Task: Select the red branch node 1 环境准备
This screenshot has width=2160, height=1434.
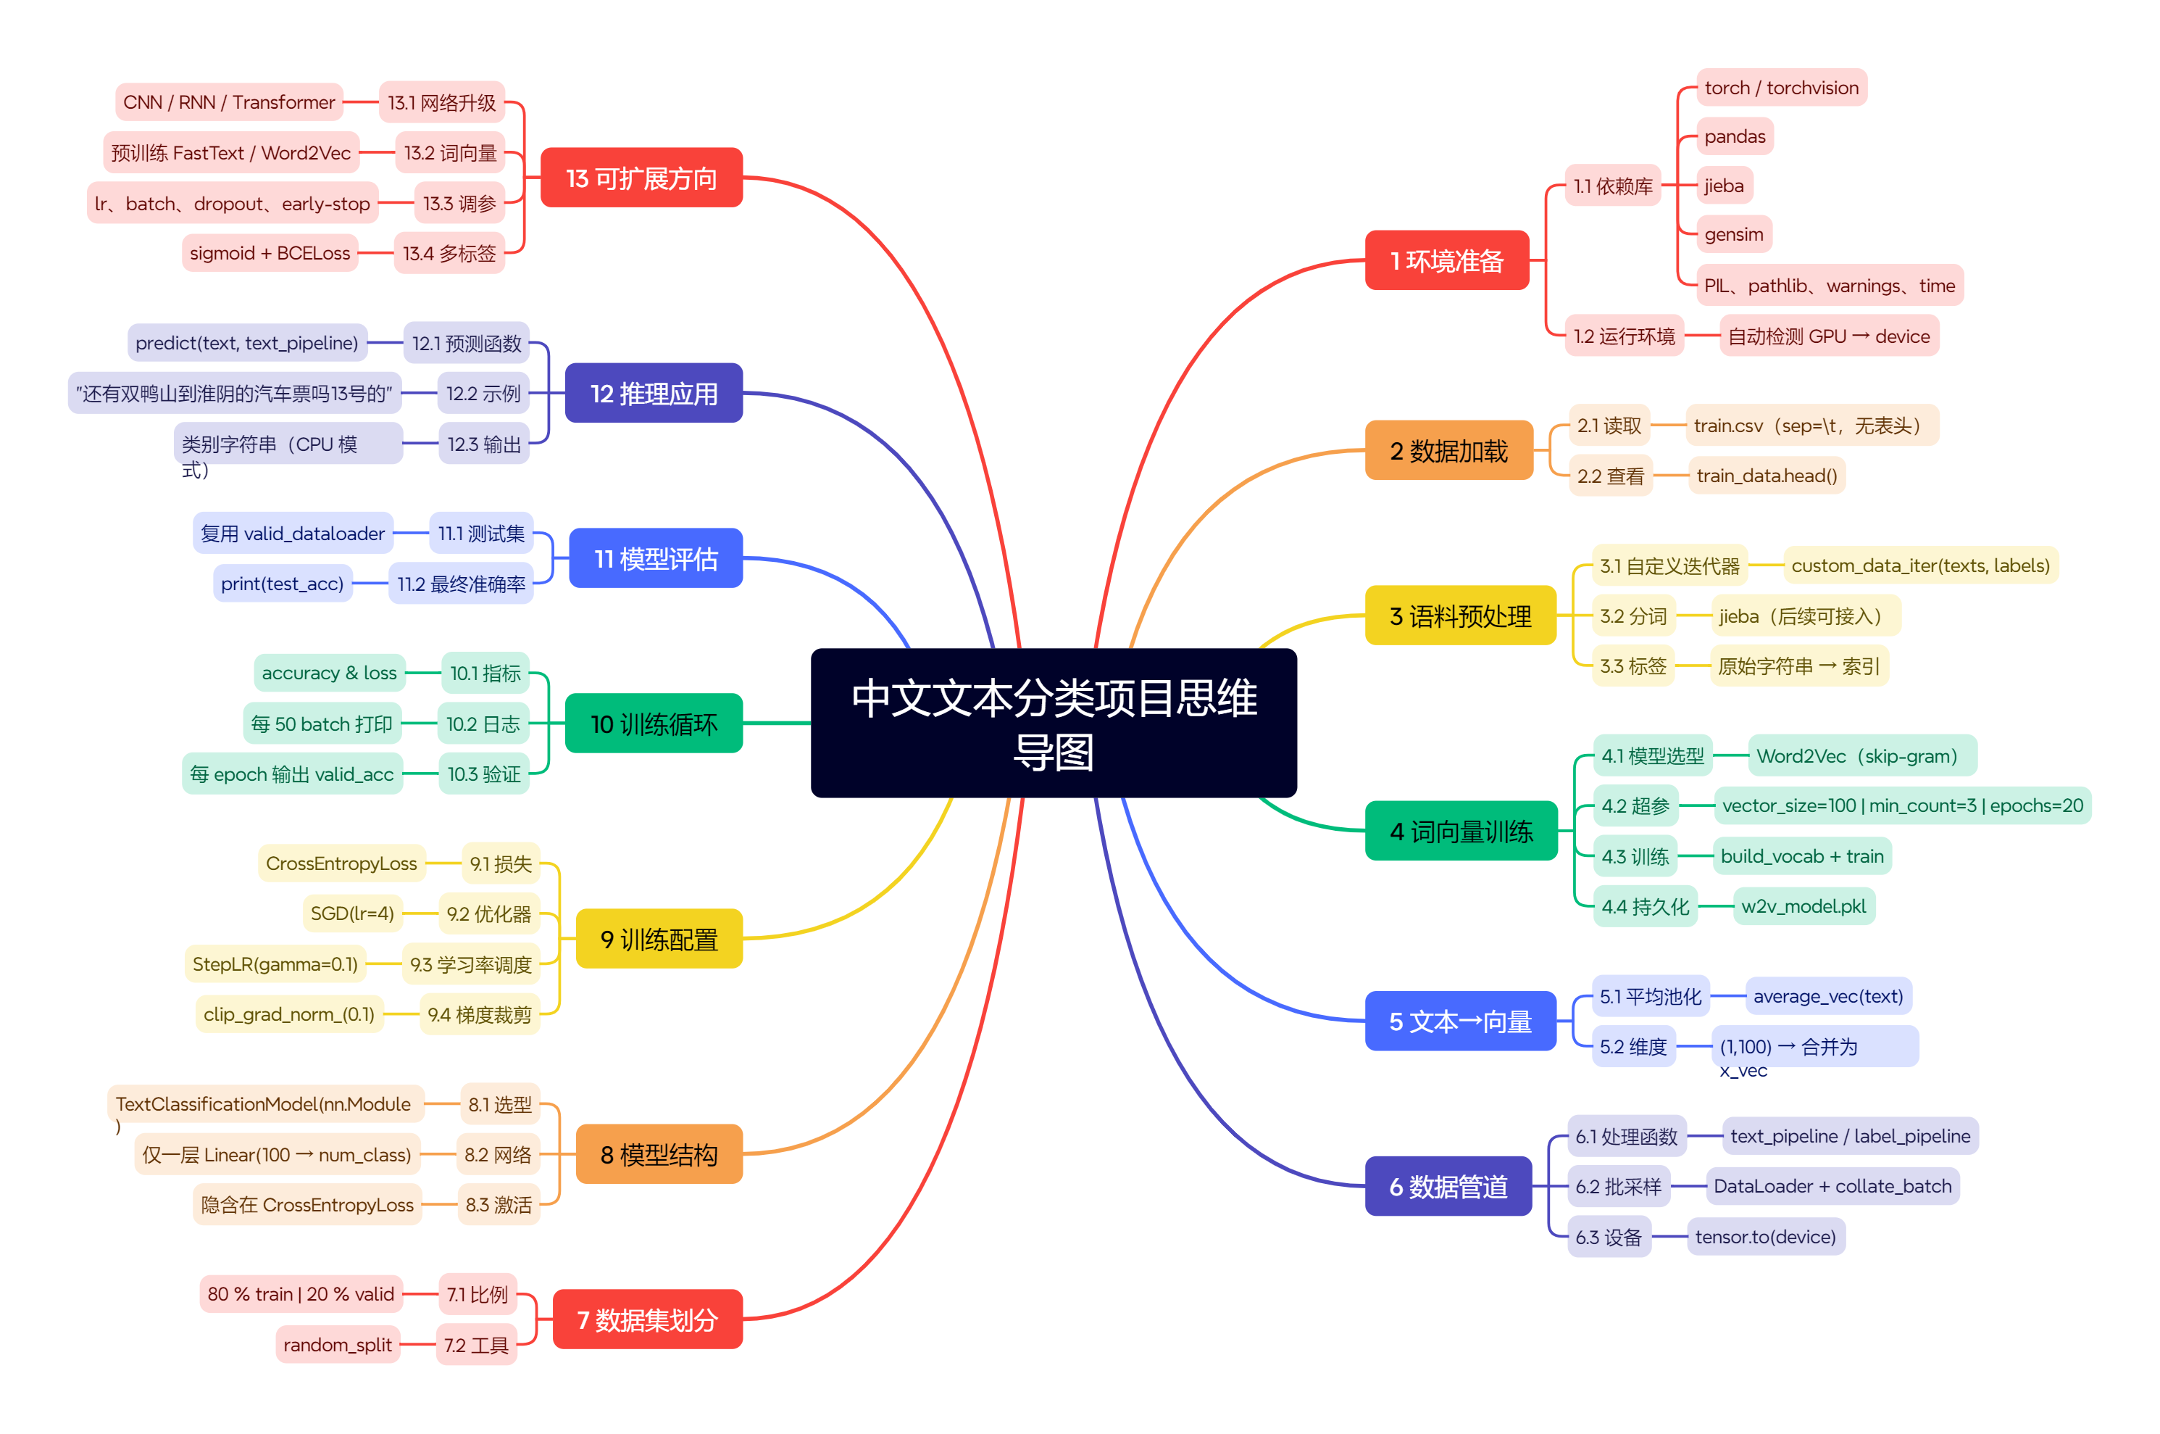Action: click(1446, 261)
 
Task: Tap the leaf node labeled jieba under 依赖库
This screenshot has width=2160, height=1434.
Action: click(1723, 186)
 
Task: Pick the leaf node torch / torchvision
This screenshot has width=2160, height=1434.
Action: click(1780, 88)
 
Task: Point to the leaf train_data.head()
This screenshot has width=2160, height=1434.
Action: click(1766, 476)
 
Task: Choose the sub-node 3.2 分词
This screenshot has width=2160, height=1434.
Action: click(1632, 616)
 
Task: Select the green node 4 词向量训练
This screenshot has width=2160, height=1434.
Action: click(1461, 832)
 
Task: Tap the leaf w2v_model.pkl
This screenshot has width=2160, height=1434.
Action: click(1803, 906)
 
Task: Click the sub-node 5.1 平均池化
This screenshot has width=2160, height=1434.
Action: click(1650, 996)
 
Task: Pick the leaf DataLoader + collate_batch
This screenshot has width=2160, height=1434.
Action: click(1832, 1186)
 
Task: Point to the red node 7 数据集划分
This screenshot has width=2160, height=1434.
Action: click(647, 1319)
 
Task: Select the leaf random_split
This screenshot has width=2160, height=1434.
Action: click(338, 1344)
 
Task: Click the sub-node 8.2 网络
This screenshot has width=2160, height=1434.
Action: click(497, 1154)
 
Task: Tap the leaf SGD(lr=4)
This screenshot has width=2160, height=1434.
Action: click(352, 913)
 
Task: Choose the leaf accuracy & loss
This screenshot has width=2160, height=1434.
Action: click(329, 673)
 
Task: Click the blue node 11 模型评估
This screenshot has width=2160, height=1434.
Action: click(656, 558)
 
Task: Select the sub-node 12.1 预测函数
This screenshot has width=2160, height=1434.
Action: click(466, 343)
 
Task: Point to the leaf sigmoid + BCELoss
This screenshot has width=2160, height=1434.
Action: click(270, 252)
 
